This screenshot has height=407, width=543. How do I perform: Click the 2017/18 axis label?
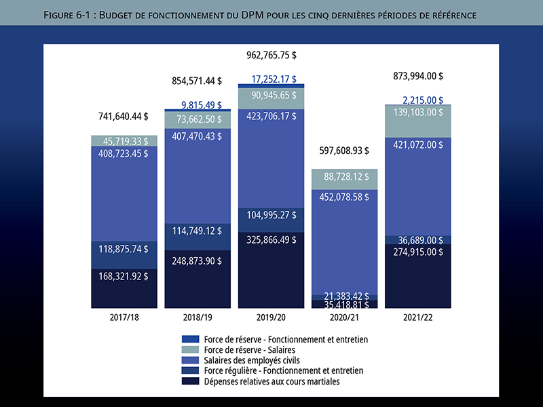[x=124, y=317]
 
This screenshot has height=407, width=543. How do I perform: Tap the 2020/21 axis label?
[x=344, y=317]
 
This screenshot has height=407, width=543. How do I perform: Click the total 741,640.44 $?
[x=122, y=116]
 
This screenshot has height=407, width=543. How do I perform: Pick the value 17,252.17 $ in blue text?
[x=274, y=79]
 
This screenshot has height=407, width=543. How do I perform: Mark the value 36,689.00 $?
[x=418, y=239]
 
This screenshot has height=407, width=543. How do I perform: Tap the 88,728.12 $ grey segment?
[x=344, y=177]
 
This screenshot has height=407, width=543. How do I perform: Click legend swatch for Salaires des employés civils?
[x=191, y=360]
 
